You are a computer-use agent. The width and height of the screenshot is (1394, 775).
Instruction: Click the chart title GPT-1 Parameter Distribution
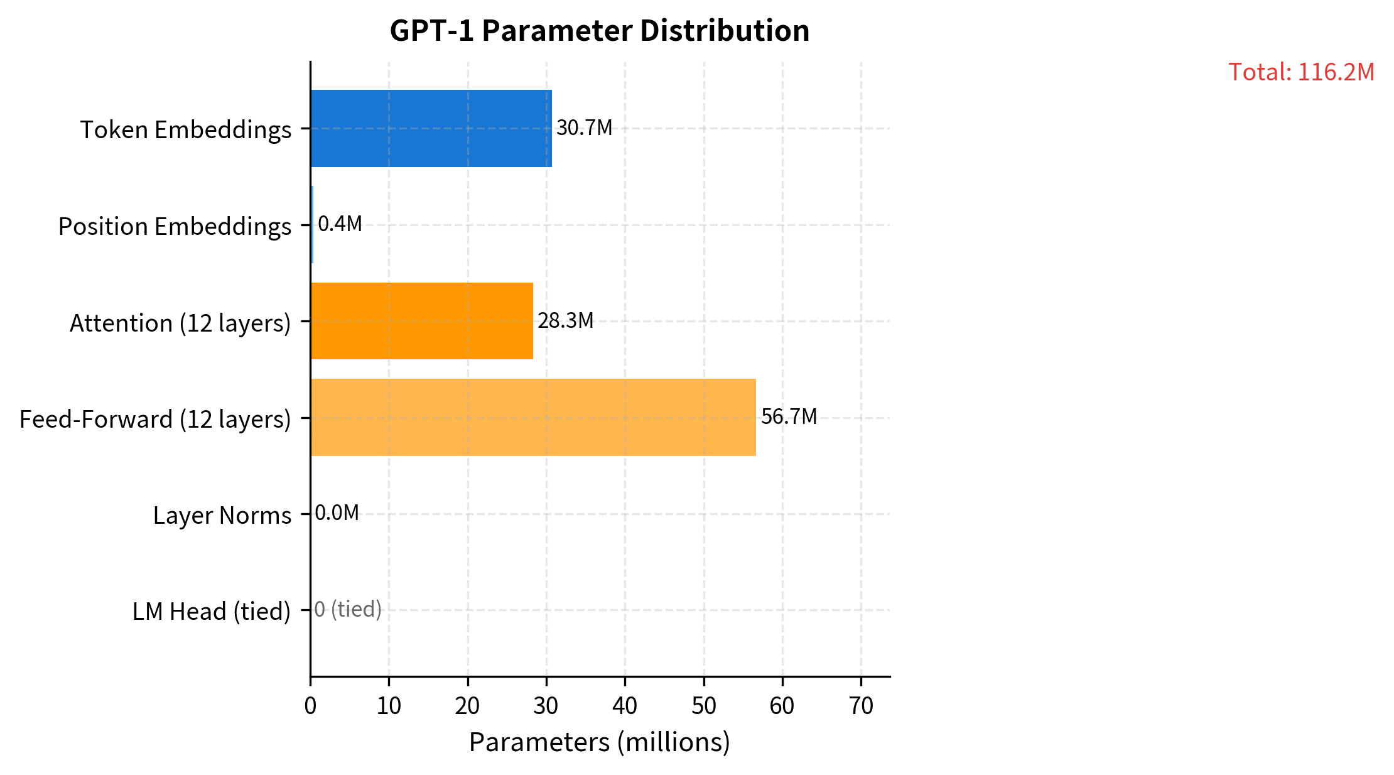click(x=599, y=31)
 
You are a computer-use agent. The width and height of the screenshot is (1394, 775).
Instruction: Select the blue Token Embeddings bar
click(x=431, y=128)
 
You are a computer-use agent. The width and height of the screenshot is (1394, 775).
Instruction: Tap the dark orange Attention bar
click(x=421, y=321)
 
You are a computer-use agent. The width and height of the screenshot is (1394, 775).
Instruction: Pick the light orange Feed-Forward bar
click(x=532, y=417)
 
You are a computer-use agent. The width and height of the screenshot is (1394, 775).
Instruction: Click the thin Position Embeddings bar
click(x=312, y=225)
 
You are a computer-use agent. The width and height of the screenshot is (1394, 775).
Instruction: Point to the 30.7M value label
click(x=584, y=128)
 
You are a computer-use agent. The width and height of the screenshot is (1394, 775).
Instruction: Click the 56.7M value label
click(x=789, y=417)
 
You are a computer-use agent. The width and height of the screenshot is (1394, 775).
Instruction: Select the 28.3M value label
click(x=565, y=321)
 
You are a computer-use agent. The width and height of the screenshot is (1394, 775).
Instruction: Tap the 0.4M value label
click(x=340, y=224)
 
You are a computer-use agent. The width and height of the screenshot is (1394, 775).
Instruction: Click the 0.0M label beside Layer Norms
click(x=337, y=513)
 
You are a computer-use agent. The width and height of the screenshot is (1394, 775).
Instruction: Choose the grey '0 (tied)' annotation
click(x=348, y=609)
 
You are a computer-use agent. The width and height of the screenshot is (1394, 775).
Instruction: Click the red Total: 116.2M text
click(x=1301, y=72)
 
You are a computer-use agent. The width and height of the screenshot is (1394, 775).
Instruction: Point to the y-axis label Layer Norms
click(x=222, y=516)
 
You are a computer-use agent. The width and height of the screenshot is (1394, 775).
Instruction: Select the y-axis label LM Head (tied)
click(x=212, y=612)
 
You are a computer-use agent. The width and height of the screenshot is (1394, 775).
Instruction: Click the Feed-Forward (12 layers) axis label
click(x=155, y=420)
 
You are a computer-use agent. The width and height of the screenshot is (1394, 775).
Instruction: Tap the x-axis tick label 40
click(x=625, y=707)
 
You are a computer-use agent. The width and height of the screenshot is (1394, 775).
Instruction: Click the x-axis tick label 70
click(x=861, y=707)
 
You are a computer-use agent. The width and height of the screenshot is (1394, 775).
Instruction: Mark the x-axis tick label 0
click(x=310, y=707)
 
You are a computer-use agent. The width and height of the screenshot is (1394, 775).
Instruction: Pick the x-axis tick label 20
click(x=467, y=707)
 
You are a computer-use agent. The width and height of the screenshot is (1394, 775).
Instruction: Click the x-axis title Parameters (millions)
click(x=599, y=742)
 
